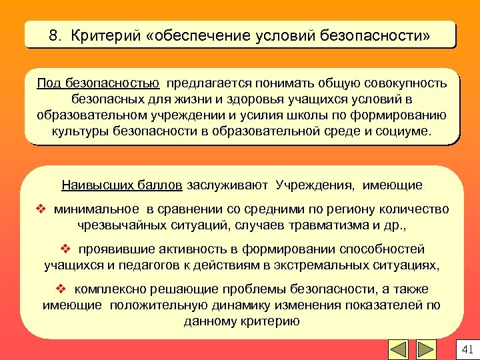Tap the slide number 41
tap(466, 349)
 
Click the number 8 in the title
tap(53, 35)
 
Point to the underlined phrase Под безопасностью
tap(98, 83)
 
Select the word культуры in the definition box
tap(79, 131)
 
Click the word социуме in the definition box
tap(406, 131)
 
